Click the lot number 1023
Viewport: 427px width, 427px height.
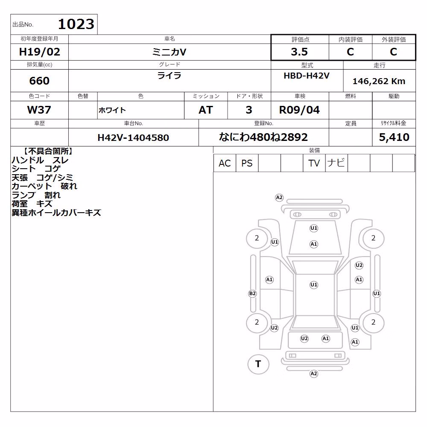tap(76, 24)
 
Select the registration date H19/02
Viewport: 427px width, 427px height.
tap(39, 52)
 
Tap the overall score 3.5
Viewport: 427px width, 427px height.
tap(299, 52)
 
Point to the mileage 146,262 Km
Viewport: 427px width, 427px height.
tap(379, 81)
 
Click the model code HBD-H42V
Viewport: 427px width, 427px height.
tap(307, 76)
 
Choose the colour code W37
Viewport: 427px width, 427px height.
tap(39, 110)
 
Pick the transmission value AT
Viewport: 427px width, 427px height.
tap(206, 110)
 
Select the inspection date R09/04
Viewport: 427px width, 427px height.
tap(299, 110)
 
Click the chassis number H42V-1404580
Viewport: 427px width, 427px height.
tap(133, 137)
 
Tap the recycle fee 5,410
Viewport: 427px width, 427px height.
tap(394, 137)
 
